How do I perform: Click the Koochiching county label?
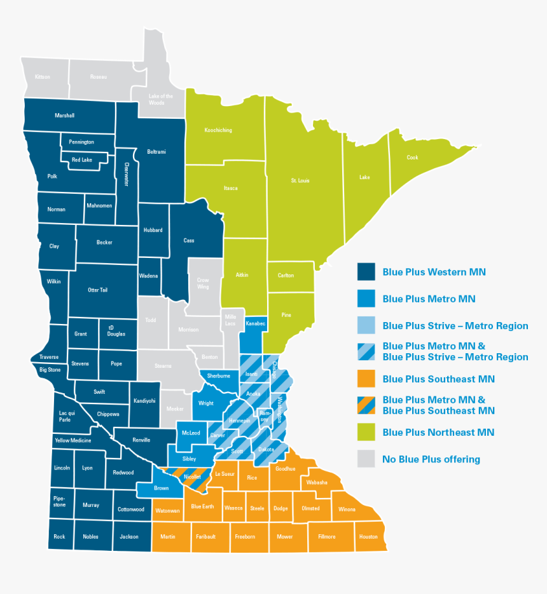point(218,130)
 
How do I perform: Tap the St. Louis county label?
point(300,181)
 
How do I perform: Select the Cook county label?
point(413,158)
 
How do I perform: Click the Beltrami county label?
point(156,152)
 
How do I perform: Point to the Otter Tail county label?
point(97,290)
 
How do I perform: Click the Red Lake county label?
point(81,160)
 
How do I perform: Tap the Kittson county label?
point(43,77)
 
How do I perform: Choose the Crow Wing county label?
point(202,283)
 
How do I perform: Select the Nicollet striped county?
point(192,476)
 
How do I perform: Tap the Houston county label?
point(368,537)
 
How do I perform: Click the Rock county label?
point(59,537)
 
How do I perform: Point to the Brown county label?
point(161,488)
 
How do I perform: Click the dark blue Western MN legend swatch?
point(366,272)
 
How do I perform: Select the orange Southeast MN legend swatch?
point(366,379)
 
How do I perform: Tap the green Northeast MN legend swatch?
point(366,432)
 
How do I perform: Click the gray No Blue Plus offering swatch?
point(366,459)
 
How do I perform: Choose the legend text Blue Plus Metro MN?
point(429,299)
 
